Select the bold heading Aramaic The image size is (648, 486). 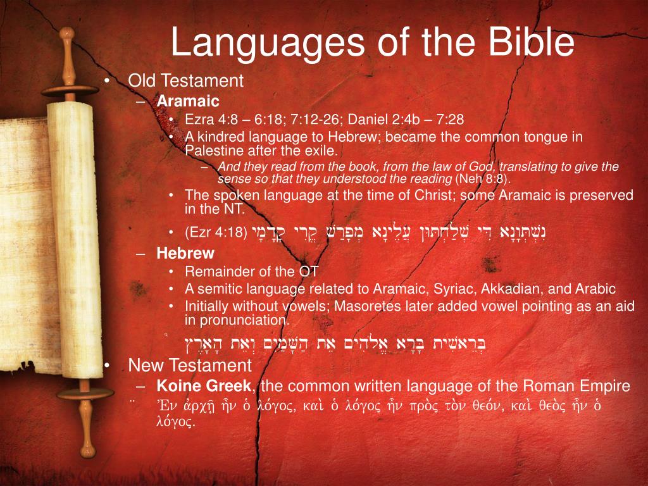188,101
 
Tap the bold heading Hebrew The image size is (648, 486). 185,254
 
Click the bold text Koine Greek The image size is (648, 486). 205,385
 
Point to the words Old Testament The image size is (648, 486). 186,81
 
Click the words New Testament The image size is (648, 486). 190,366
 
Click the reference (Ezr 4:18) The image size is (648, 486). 216,232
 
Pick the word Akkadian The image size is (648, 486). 508,289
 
